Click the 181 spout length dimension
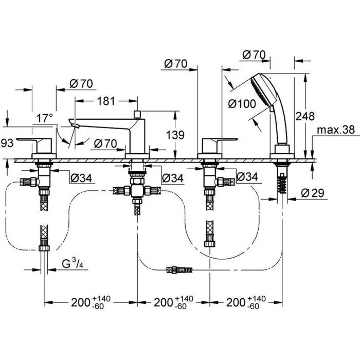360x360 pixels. tap(106, 101)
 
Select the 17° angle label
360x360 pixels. tap(45, 118)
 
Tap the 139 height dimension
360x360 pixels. tap(175, 135)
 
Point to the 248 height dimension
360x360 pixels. tap(304, 116)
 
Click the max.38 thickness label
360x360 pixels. tap(336, 130)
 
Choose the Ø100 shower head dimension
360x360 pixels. tap(242, 104)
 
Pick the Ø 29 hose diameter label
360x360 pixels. tap(313, 193)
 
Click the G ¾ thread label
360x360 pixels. tap(73, 263)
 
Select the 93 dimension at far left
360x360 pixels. tap(7, 143)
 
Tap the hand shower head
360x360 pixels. tap(263, 90)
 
